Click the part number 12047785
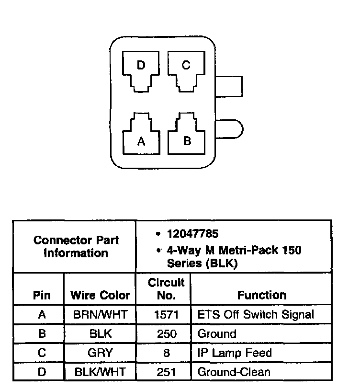192,234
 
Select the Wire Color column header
100,295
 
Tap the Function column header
262,295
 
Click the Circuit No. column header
166,289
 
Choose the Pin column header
41,295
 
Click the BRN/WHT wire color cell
100,315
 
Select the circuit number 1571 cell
166,315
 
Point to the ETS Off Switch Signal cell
256,315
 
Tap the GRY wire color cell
100,353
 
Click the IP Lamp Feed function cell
235,353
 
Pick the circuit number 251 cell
166,372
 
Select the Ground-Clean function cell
234,372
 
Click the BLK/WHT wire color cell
100,372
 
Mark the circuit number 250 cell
166,334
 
